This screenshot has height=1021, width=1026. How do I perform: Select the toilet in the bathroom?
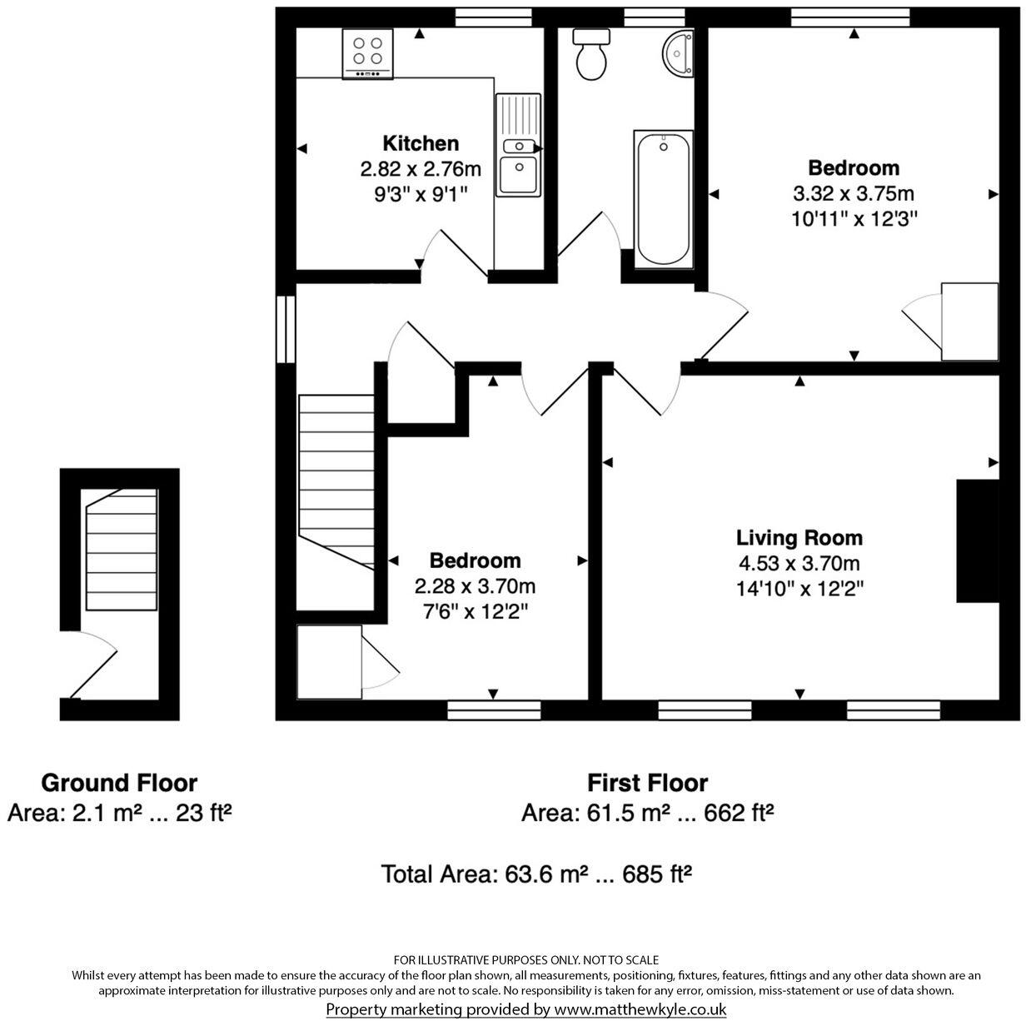click(x=592, y=55)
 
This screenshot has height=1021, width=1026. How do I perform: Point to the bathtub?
click(x=662, y=199)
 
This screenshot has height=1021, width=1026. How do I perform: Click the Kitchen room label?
click(x=421, y=142)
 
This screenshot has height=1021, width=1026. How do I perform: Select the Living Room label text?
click(x=799, y=537)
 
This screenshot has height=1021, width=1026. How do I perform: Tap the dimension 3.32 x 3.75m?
click(x=854, y=194)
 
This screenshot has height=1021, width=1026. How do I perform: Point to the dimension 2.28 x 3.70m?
click(x=475, y=586)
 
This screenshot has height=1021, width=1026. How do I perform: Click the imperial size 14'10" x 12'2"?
click(x=799, y=589)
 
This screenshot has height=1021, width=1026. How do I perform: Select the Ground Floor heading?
click(x=119, y=783)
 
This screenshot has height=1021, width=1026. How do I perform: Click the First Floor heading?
click(x=647, y=783)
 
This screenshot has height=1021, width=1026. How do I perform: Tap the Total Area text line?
click(x=537, y=874)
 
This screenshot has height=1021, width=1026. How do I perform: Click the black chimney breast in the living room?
click(x=977, y=540)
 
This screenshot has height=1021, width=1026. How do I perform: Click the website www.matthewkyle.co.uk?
click(x=640, y=1009)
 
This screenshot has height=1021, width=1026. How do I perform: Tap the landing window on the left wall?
click(x=286, y=329)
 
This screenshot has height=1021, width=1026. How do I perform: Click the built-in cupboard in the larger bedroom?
click(x=969, y=321)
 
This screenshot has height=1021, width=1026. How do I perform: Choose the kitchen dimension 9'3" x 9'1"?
click(x=421, y=195)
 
